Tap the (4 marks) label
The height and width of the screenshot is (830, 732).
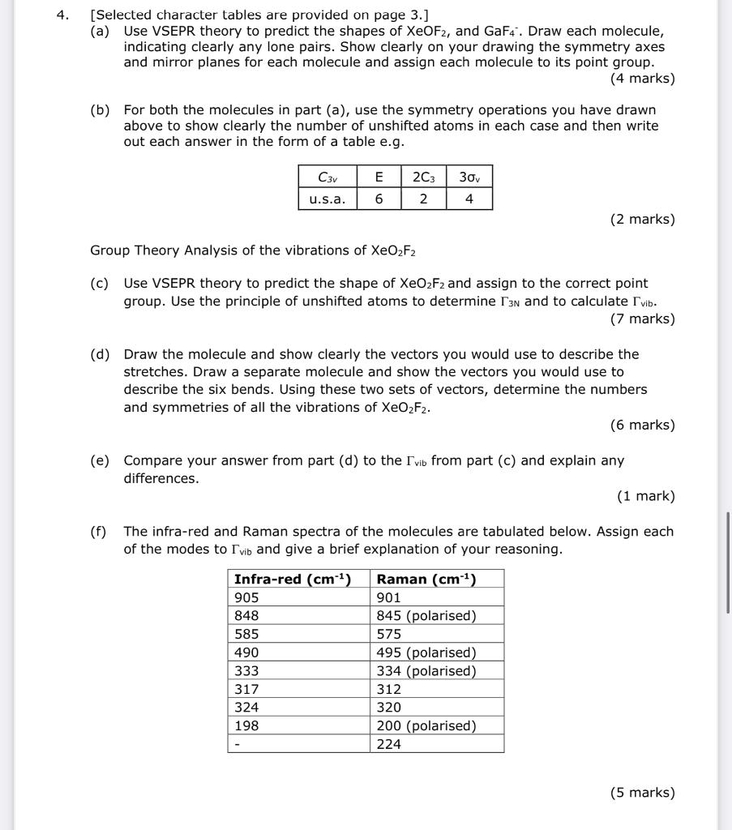(x=642, y=79)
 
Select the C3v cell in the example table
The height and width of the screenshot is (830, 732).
(x=327, y=177)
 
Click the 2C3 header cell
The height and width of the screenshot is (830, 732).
(x=423, y=177)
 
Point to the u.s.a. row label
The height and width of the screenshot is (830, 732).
(x=327, y=199)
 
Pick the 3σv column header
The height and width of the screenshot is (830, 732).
(x=469, y=177)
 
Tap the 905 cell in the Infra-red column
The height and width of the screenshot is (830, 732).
(x=246, y=597)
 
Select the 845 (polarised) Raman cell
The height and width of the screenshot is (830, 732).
(x=426, y=616)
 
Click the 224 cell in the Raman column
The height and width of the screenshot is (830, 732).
(x=389, y=744)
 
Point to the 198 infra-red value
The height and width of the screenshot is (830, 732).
(x=246, y=725)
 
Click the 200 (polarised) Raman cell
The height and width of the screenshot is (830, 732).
(x=426, y=725)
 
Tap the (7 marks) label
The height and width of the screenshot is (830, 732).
(x=642, y=319)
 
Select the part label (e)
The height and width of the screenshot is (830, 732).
(x=101, y=460)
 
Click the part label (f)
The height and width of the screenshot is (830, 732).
(x=100, y=532)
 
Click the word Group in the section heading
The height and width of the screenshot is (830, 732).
(x=110, y=250)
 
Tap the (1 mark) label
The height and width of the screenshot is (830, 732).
(x=645, y=496)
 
